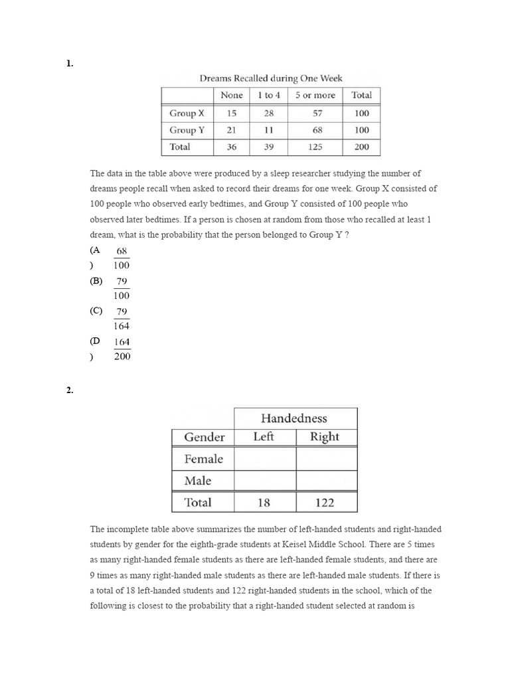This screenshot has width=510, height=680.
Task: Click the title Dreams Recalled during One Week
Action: tap(271, 78)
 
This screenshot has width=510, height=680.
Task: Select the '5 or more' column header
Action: tap(315, 95)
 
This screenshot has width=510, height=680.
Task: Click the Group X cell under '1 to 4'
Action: tap(269, 114)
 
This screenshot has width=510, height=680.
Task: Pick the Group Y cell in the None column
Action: tap(231, 130)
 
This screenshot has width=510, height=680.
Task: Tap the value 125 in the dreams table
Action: tap(317, 147)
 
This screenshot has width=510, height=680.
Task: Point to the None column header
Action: tap(231, 95)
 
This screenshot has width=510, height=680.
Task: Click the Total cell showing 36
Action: tap(231, 147)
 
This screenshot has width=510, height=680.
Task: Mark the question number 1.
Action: tap(69, 64)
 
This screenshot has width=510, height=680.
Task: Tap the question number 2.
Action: tap(69, 390)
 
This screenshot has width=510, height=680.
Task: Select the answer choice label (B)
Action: tap(96, 281)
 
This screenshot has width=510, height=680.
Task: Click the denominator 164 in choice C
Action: tap(122, 326)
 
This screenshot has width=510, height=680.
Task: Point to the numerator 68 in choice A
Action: tap(122, 251)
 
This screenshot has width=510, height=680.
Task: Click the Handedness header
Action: tap(294, 418)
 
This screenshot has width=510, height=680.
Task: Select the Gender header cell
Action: tap(204, 437)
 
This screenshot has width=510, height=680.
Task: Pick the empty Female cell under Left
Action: tap(264, 459)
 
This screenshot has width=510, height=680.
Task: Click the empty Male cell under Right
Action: tap(325, 481)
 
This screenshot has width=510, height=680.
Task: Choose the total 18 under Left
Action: tap(264, 503)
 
